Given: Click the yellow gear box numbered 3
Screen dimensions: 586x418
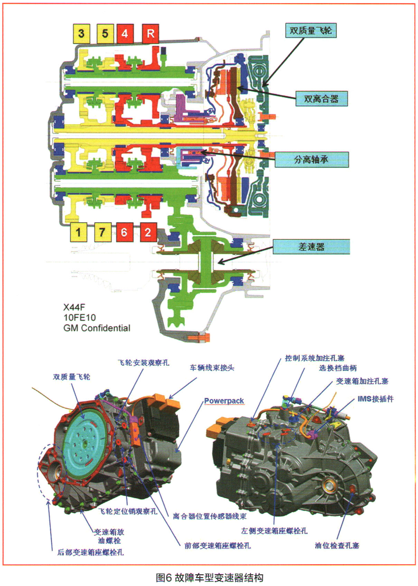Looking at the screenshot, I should click(81, 34).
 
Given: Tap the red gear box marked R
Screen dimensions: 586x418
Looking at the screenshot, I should click(150, 34).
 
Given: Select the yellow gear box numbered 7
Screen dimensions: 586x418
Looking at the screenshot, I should click(102, 232).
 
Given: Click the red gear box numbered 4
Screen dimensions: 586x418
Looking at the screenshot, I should click(125, 34).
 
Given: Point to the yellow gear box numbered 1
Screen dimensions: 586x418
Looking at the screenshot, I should click(78, 232).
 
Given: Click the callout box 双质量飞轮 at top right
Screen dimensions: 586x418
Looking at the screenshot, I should click(310, 30).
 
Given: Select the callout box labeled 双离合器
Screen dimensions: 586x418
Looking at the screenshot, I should click(321, 99).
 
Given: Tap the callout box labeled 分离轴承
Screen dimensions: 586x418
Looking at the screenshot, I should click(311, 159).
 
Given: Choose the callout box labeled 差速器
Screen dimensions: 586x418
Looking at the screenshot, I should click(311, 247).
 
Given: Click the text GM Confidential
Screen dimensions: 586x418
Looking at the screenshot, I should click(97, 328).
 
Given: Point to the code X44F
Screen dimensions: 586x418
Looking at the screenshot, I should click(74, 307).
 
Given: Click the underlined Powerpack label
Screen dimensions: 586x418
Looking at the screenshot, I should click(224, 401).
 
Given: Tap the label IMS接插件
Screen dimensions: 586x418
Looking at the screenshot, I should click(375, 399).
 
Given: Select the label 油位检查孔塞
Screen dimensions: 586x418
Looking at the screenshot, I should click(337, 545).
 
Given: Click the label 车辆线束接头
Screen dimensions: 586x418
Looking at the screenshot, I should click(212, 368).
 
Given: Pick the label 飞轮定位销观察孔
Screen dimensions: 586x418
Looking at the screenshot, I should click(128, 511).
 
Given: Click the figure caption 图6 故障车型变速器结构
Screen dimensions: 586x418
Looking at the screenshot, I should click(209, 577).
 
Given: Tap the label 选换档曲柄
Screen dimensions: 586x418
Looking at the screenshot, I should click(338, 368).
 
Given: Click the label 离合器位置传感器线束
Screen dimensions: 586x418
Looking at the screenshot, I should click(210, 516).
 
